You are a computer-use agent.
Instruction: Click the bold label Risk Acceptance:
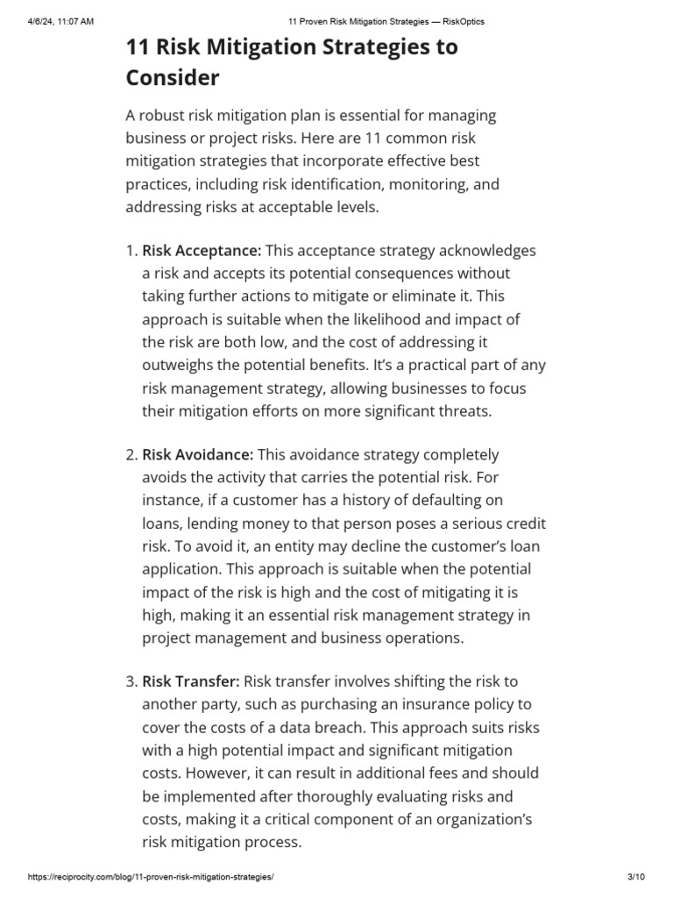coord(202,251)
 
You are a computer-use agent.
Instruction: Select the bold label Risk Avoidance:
coord(197,454)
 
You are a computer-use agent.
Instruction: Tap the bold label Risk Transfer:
coord(190,681)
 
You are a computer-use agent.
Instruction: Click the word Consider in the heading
coord(173,78)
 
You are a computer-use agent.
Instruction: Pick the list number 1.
coord(131,251)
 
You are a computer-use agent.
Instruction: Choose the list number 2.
coord(131,454)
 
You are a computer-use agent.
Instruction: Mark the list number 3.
coord(131,681)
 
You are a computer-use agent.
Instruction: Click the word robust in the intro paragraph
coord(168,116)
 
